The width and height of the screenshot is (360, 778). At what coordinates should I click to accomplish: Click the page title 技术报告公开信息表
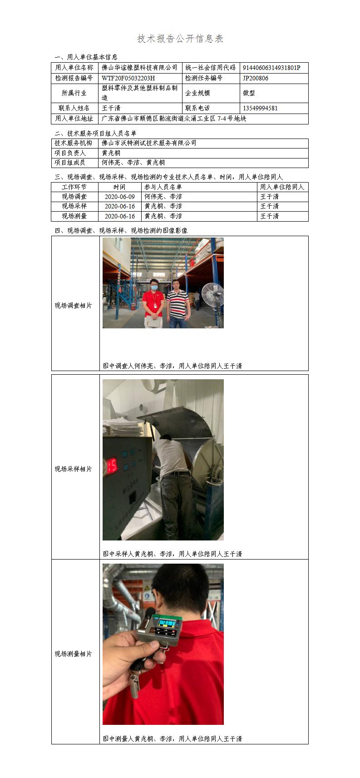click(180, 39)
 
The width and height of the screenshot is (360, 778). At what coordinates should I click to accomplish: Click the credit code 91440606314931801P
click(271, 68)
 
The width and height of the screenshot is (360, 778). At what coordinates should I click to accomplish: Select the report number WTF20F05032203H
click(128, 78)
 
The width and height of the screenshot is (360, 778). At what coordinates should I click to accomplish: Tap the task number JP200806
click(256, 78)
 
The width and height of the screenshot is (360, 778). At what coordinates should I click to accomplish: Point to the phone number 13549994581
click(260, 108)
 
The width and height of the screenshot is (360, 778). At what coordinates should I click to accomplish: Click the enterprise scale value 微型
click(249, 93)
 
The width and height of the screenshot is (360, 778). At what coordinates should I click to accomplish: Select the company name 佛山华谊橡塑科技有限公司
click(139, 68)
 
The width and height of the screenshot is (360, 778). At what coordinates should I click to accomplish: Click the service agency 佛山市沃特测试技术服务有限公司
click(149, 143)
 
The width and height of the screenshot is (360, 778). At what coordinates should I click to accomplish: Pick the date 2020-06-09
click(120, 197)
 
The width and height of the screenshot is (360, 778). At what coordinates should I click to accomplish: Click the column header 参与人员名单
click(163, 187)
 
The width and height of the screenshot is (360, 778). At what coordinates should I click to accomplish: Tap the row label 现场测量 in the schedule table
click(74, 216)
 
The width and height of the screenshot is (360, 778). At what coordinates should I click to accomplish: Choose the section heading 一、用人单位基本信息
click(86, 57)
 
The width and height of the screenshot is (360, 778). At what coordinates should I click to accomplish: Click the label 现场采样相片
click(73, 469)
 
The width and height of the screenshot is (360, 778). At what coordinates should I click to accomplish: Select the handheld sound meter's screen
click(166, 623)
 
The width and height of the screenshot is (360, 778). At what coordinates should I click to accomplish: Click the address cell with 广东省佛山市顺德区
click(174, 119)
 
